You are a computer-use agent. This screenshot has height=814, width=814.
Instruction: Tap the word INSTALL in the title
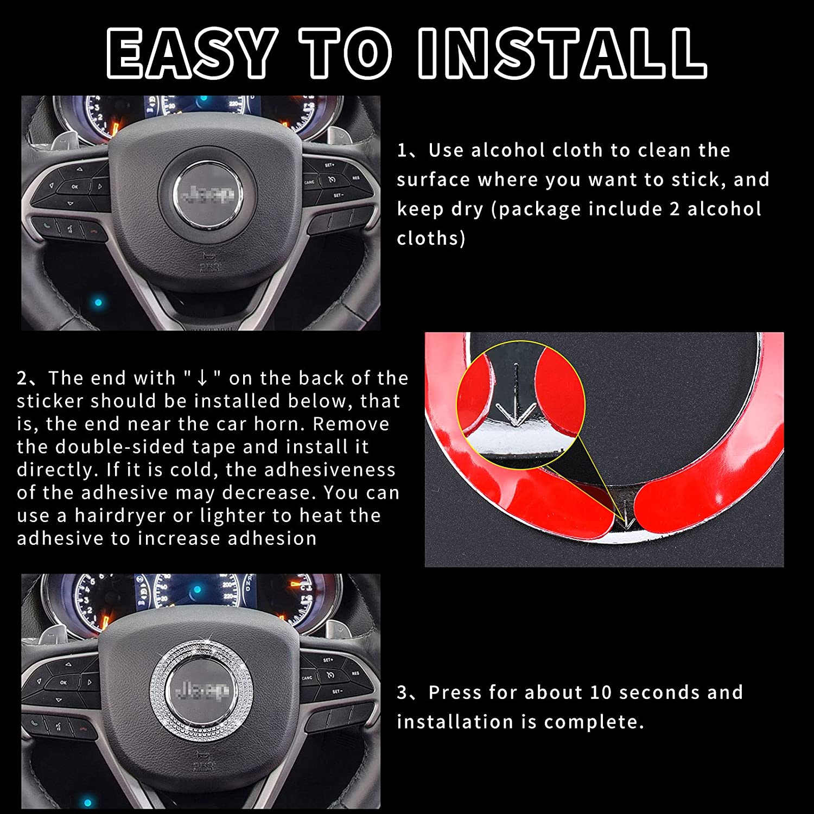pos(563,53)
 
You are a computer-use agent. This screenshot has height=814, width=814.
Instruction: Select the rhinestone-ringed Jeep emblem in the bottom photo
pos(201,689)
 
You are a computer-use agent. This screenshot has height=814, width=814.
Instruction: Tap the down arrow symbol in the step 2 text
pos(202,378)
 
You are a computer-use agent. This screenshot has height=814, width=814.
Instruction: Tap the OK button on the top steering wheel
pos(75,187)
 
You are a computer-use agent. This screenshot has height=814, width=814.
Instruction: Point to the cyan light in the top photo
pos(98,302)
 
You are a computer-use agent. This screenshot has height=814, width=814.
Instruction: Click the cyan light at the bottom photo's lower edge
pos(87,803)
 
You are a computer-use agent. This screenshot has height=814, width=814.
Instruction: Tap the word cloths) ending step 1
pos(431,239)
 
